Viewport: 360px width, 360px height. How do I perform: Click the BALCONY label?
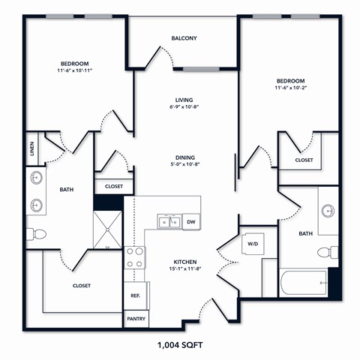[184, 38]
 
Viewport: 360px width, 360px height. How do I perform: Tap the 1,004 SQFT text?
[180, 346]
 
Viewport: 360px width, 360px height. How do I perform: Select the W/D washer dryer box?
[252, 243]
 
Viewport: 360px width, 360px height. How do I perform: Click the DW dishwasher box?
[190, 222]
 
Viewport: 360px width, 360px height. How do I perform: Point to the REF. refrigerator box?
[136, 295]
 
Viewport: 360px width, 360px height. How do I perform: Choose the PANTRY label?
[136, 319]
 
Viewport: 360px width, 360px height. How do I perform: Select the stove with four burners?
[135, 258]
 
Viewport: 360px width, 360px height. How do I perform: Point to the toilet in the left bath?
[36, 234]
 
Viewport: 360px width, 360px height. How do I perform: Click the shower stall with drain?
[108, 229]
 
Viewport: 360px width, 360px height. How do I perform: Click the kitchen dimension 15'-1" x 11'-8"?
[184, 268]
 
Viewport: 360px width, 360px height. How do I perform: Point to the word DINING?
[184, 157]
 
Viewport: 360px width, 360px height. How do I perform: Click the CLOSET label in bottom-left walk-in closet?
[82, 286]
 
